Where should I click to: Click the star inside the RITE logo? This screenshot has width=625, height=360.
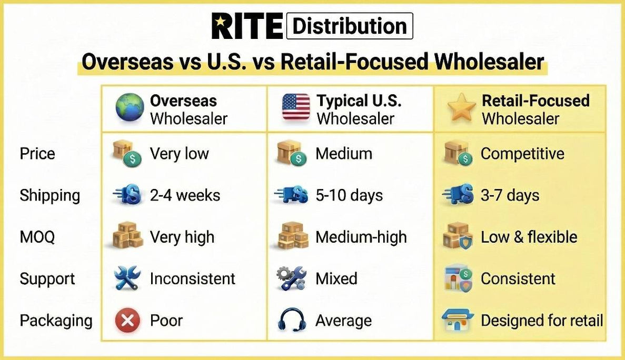(220, 23)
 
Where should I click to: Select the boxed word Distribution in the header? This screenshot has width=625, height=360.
(350, 26)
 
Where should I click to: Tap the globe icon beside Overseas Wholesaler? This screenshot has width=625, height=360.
(130, 107)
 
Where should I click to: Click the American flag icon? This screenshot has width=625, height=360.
(296, 107)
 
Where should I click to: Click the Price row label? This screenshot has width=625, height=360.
(37, 154)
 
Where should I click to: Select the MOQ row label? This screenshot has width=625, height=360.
(37, 237)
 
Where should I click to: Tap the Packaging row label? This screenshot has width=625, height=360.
(56, 321)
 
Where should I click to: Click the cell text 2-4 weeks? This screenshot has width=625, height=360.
(185, 195)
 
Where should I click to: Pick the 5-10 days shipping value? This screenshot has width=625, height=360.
(349, 195)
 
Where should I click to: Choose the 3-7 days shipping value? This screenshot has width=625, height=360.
(510, 195)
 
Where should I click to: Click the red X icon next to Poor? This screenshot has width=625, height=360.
(127, 321)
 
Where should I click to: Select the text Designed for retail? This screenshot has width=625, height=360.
(542, 321)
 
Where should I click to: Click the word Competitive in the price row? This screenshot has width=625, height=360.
(522, 154)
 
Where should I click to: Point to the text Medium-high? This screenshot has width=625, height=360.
(361, 237)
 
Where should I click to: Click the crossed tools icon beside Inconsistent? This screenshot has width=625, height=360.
(127, 278)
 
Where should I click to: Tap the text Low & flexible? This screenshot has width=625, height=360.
(529, 237)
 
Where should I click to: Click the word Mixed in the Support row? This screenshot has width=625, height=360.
(336, 278)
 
